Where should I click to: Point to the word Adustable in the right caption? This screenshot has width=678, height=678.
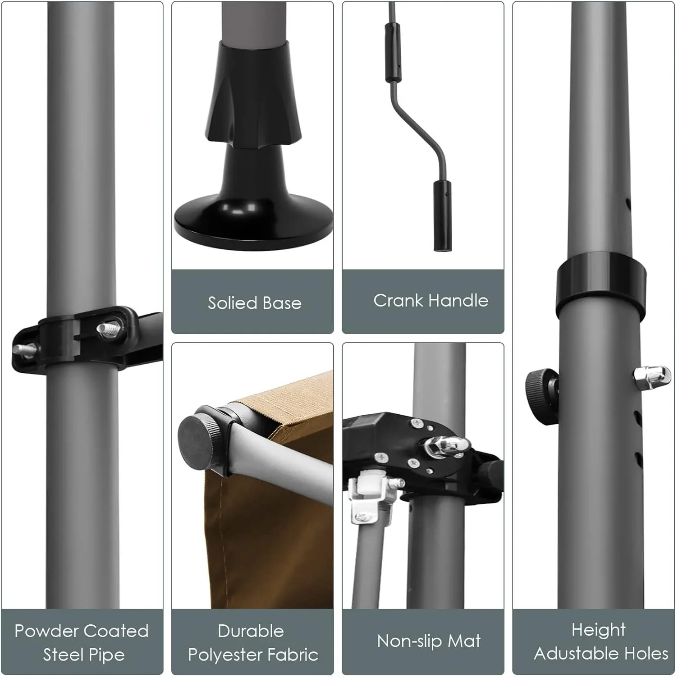point(572,653)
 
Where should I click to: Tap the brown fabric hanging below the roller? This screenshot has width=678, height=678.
point(270,541)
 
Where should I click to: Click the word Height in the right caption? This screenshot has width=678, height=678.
point(598,630)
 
